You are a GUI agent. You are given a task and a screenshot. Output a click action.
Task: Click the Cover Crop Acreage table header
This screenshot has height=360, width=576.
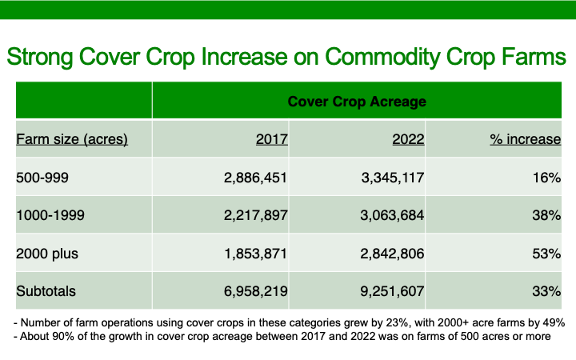[357, 102]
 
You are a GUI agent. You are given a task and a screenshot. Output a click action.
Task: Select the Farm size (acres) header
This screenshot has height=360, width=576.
[72, 139]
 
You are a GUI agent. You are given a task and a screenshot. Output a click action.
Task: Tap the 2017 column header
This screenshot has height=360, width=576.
[272, 139]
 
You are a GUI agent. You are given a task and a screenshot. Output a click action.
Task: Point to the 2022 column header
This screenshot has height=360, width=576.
[408, 139]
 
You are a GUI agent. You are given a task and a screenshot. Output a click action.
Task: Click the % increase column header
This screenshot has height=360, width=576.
[526, 139]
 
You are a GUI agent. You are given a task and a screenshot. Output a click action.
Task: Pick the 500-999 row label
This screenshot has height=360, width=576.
[42, 178]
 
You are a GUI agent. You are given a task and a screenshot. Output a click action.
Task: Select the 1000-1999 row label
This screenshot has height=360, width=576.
[50, 215]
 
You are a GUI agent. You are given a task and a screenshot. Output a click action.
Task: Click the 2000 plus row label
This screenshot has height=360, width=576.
[47, 254]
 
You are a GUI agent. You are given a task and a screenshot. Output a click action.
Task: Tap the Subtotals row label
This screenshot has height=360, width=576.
[46, 291]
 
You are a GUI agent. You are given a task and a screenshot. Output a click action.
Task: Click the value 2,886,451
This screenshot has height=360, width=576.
[255, 178]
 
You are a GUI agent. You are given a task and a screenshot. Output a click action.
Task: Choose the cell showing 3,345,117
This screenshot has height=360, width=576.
[393, 178]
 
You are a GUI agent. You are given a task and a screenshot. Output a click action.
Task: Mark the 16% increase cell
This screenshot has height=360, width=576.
[546, 178]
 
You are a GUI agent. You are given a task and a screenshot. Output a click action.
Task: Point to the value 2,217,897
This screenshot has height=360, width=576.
[256, 215]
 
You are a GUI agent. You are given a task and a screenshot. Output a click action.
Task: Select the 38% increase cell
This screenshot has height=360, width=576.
[546, 215]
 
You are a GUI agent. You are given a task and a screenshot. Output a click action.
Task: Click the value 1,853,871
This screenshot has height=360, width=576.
[256, 254]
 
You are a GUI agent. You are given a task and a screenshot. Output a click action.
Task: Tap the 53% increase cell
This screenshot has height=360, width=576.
[546, 254]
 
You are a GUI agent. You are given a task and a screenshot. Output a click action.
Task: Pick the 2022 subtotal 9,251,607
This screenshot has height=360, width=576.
[392, 291]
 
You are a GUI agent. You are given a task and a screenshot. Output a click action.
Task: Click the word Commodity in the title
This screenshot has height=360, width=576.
[382, 58]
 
